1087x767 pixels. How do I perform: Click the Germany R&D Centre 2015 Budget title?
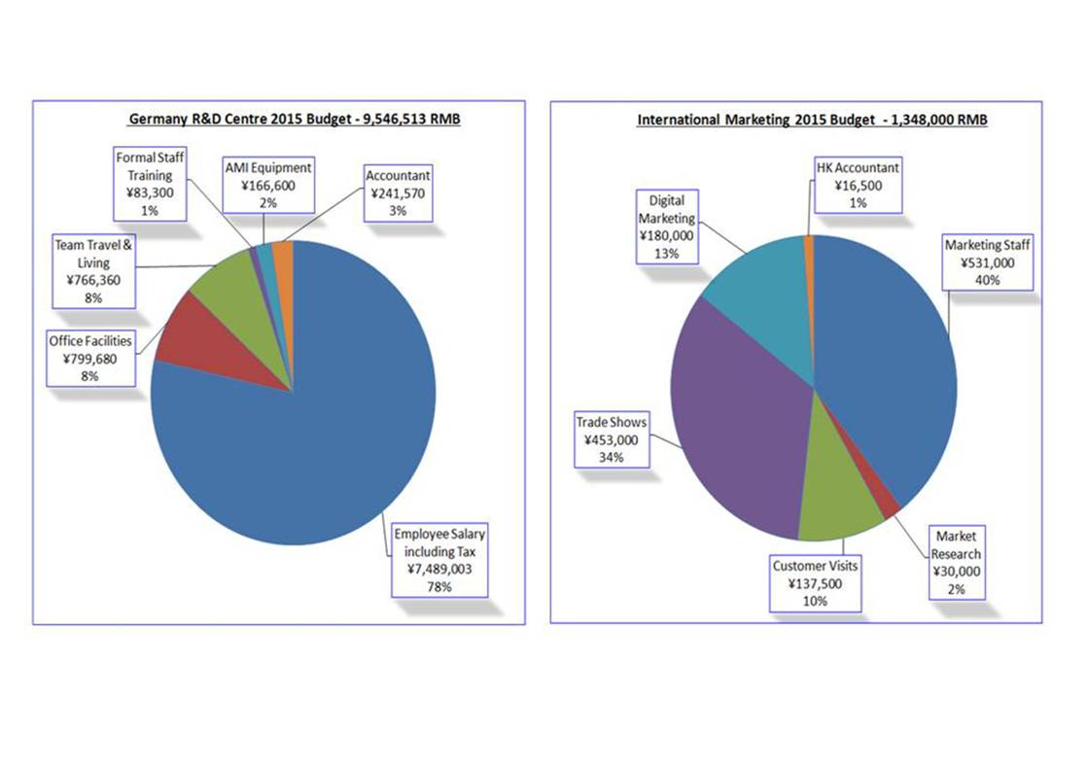(x=295, y=119)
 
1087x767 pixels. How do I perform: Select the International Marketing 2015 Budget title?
(x=812, y=120)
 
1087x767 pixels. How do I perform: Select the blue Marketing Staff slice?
(x=894, y=361)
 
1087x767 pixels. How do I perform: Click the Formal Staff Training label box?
(x=150, y=184)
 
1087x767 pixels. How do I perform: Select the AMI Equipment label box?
(x=268, y=185)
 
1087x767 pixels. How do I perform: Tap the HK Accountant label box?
(x=858, y=185)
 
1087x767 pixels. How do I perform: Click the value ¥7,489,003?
(x=439, y=569)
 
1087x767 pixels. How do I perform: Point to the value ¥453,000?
(x=612, y=440)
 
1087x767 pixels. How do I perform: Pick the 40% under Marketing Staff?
(x=987, y=280)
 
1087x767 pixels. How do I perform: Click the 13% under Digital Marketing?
(x=666, y=254)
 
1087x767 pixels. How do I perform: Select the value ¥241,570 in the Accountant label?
(x=398, y=193)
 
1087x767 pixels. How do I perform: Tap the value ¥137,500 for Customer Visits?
(x=815, y=583)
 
